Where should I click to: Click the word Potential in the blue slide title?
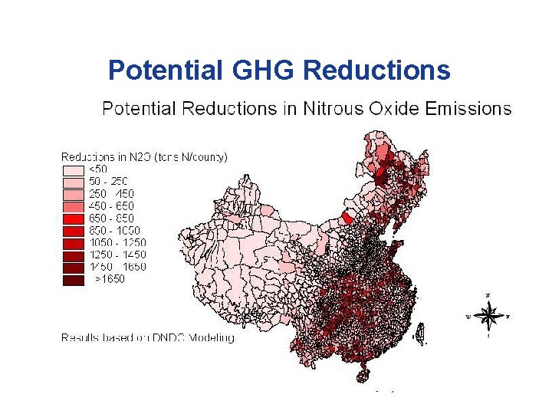[163, 71]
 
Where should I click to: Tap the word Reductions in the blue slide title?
[376, 71]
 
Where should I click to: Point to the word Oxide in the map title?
[390, 108]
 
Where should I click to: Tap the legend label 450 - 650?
[111, 205]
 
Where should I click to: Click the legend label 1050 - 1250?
[117, 242]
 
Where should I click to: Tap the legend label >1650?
[109, 279]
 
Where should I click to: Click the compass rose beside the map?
[488, 314]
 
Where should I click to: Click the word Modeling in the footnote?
[210, 337]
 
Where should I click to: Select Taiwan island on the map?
[419, 333]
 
